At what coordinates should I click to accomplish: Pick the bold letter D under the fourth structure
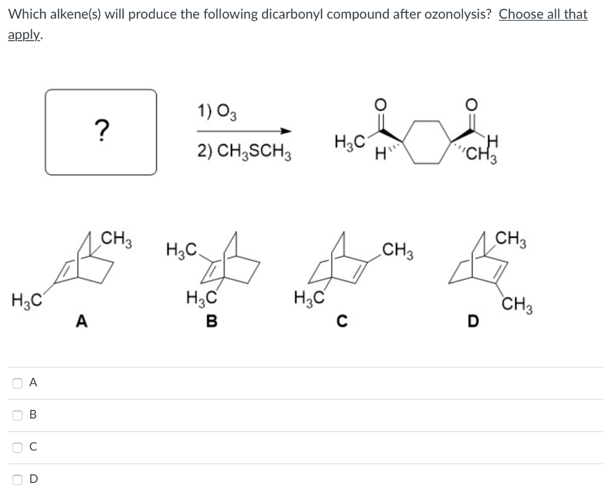tap(471, 321)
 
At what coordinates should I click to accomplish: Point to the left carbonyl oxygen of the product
tap(381, 105)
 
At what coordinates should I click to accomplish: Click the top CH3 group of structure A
tap(117, 240)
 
